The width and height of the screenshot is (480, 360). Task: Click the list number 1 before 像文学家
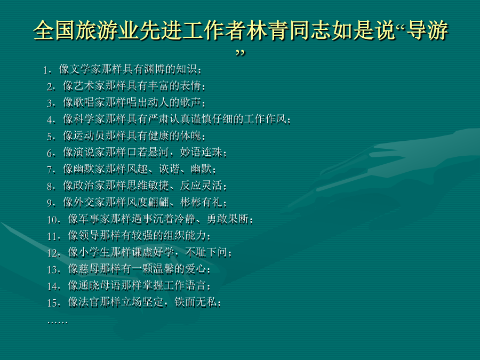(x=46, y=70)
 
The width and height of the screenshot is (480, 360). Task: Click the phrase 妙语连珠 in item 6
(x=201, y=152)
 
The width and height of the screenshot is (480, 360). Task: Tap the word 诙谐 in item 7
(x=169, y=169)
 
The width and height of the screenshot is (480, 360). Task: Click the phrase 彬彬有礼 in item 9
(x=201, y=202)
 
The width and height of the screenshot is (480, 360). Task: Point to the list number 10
(x=54, y=220)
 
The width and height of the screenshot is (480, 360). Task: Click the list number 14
(x=54, y=286)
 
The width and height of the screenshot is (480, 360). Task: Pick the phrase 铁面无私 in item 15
(x=195, y=302)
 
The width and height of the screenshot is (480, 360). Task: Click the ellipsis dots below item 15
(x=57, y=322)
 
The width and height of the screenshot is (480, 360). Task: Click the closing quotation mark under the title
(x=241, y=53)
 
